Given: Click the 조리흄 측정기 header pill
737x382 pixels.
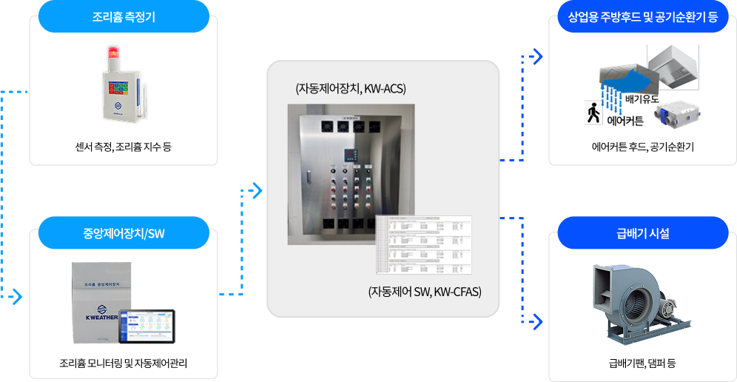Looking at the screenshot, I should click(x=124, y=16).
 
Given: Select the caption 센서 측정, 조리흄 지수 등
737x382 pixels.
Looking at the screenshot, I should click(x=124, y=147).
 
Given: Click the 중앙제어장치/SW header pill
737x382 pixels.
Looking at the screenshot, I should click(x=124, y=233).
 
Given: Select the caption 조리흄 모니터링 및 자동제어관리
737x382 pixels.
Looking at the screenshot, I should click(x=124, y=363).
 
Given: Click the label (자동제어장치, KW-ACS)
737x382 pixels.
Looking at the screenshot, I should click(x=351, y=90).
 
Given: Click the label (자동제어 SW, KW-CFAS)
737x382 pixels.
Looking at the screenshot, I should click(x=425, y=292).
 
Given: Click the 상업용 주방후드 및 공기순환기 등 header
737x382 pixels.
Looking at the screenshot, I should click(x=642, y=16).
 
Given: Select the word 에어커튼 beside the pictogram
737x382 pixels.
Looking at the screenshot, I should click(x=625, y=119).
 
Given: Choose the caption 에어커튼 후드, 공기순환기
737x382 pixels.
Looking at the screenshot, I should click(x=642, y=147).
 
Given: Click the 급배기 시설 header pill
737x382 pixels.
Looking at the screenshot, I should click(x=642, y=233).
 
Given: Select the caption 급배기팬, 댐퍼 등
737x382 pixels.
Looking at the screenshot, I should click(x=642, y=363).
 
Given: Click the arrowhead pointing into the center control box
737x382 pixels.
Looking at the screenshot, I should click(x=258, y=191).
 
